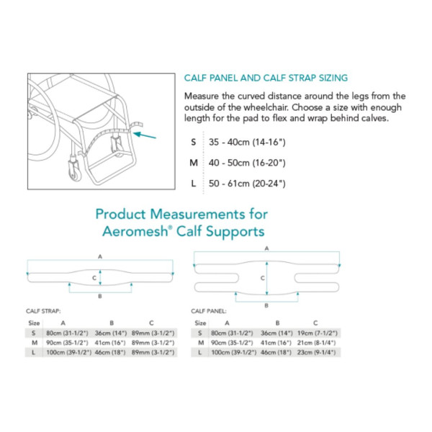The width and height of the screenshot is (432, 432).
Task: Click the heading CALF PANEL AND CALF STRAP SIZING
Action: click(266, 78)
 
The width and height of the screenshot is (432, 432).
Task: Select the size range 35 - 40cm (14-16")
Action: click(246, 142)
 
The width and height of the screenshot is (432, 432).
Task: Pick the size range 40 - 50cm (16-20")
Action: click(246, 163)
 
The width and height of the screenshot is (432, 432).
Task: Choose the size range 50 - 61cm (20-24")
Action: click(246, 184)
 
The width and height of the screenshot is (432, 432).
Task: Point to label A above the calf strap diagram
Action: click(100, 256)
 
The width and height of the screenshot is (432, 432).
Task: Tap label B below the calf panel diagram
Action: click(266, 305)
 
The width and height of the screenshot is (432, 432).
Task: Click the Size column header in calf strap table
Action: click(32, 323)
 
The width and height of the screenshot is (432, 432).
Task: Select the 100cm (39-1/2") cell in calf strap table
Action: click(66, 352)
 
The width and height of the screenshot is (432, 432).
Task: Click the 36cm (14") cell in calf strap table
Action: click(109, 333)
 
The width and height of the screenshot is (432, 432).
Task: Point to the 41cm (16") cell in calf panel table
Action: click(276, 343)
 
